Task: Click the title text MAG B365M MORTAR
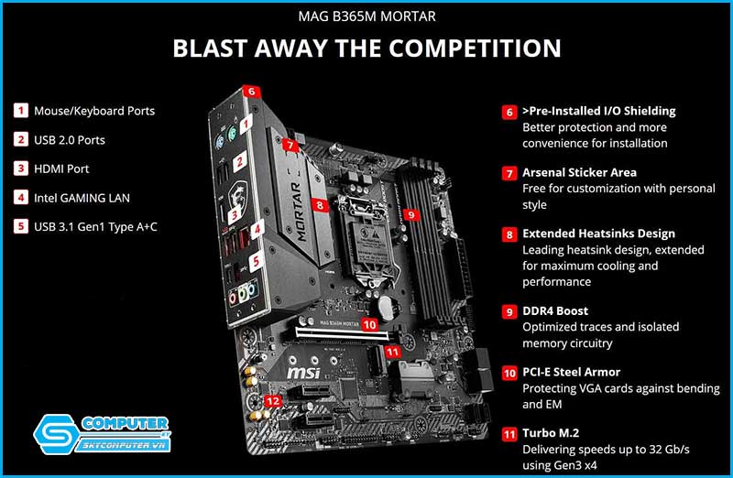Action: coord(367,16)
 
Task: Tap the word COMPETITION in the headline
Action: coord(475,49)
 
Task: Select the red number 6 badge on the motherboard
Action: coord(251,92)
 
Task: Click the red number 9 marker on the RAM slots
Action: coord(410,214)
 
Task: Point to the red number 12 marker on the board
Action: coord(273,400)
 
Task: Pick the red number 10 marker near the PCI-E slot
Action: coord(369,324)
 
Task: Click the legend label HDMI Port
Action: coord(61,168)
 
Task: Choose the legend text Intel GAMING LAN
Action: coord(82,198)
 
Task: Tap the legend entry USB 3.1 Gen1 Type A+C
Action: coord(95,226)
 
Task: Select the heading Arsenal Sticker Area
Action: coord(579,172)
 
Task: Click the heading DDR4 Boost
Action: coord(555,310)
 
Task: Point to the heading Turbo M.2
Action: coord(551,433)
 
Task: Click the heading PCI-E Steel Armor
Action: coord(571,372)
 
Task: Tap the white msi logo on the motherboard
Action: coord(303,373)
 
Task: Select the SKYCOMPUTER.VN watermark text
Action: coord(124,444)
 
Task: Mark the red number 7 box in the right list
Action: coord(509,173)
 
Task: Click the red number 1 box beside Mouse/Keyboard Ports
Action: coord(20,111)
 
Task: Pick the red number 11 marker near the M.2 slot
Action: coord(392,352)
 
